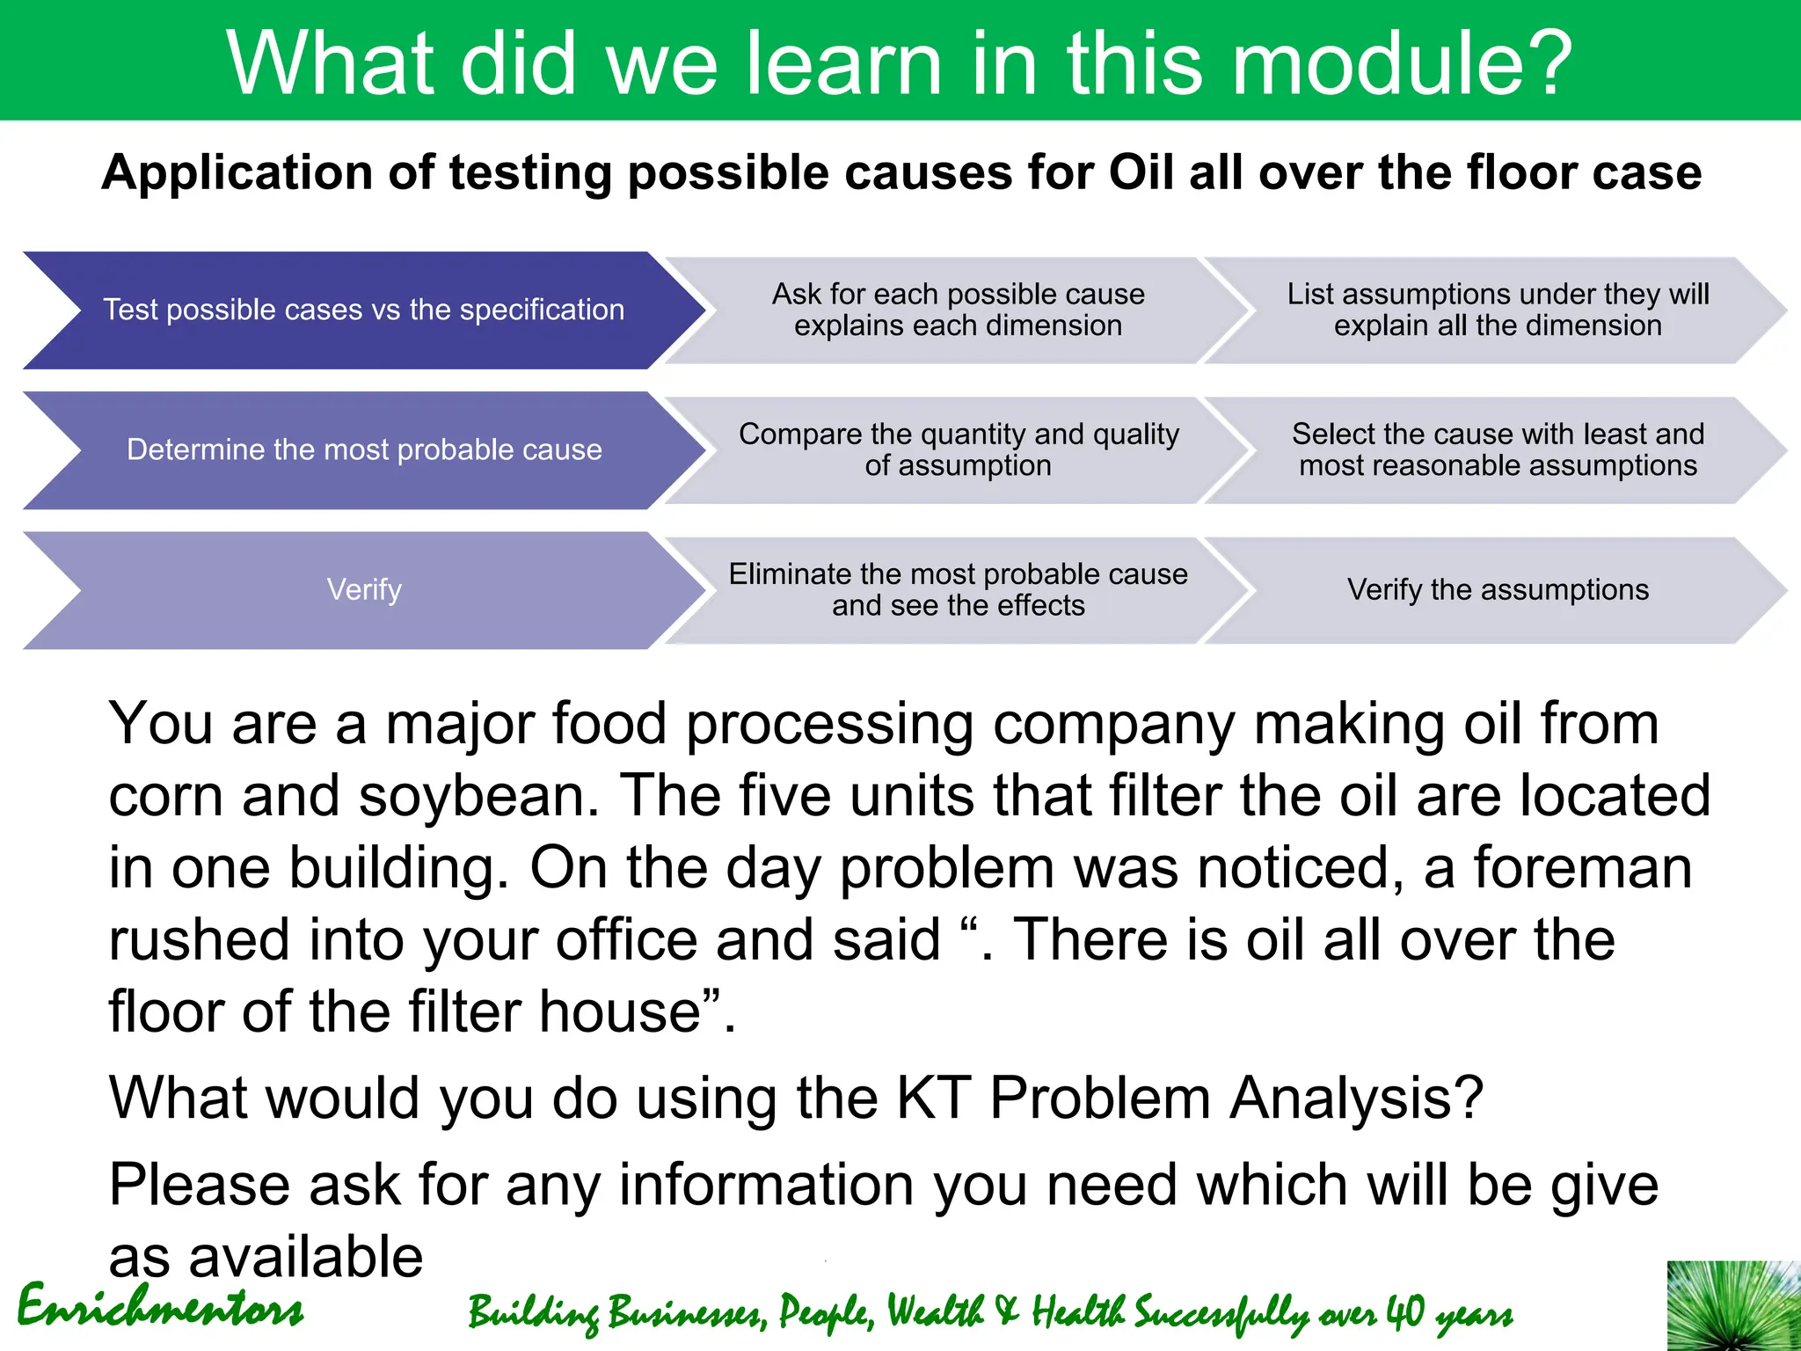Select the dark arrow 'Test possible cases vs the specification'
pos(363,310)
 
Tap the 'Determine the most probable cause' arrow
pos(363,449)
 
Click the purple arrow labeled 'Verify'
pos(363,589)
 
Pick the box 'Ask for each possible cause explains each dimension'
pos(958,310)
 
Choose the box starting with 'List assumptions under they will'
pos(1497,310)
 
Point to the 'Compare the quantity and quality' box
pos(958,449)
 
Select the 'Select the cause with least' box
pos(1497,449)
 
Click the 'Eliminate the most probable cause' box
pos(958,589)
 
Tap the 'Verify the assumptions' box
pos(1497,589)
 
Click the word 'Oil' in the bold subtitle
pos(1141,172)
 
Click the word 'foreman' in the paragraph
pos(1582,867)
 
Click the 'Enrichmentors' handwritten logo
pos(160,1308)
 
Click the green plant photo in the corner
pos(1733,1306)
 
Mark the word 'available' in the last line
pos(305,1256)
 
